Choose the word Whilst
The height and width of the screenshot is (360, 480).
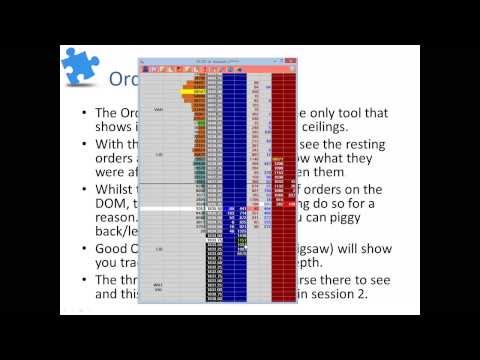point(115,187)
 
